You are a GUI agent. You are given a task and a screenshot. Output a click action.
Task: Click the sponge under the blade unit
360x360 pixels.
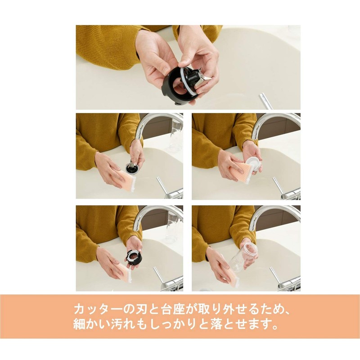(x=127, y=180)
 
